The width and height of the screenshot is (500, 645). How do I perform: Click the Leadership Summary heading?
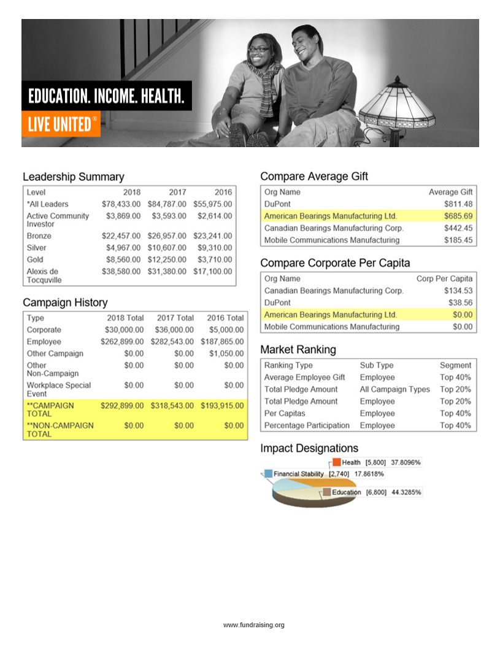(73, 177)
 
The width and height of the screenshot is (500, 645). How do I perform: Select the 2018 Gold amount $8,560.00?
(121, 259)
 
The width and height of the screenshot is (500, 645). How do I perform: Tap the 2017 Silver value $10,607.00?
(167, 248)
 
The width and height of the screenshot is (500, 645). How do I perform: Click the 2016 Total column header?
(225, 318)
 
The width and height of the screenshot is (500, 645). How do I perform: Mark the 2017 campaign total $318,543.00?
(172, 406)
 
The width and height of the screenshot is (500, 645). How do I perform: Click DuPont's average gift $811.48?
(458, 204)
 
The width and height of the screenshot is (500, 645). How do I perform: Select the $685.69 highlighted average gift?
(458, 216)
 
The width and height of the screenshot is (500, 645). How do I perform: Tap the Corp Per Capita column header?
(444, 278)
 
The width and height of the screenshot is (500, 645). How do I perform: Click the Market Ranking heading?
(298, 349)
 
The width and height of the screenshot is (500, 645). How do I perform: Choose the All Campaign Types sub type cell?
(394, 389)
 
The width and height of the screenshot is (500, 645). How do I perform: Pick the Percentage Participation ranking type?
(307, 425)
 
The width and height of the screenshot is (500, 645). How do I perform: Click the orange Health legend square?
(337, 462)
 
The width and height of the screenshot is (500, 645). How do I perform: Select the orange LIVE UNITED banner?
(61, 124)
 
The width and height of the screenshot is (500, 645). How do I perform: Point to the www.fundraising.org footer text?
(253, 625)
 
